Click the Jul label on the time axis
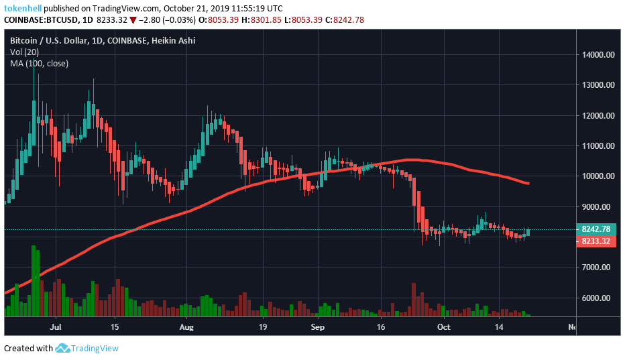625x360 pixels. pos(56,327)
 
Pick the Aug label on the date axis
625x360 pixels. pos(187,327)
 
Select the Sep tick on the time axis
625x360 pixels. pos(318,327)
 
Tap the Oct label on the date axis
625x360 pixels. pos(443,327)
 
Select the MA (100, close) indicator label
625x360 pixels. pos(39,63)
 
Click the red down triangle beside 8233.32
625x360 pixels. pos(133,19)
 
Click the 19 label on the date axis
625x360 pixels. pos(262,327)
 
